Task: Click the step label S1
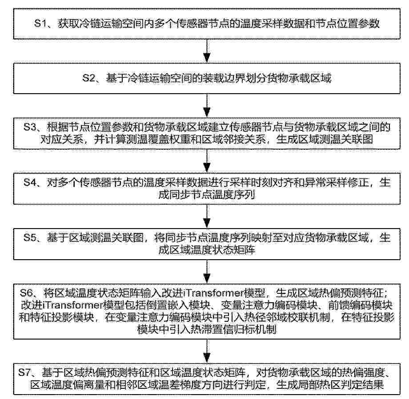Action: click(x=40, y=24)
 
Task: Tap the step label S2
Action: click(x=88, y=78)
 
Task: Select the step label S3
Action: click(x=30, y=127)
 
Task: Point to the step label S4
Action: click(x=30, y=182)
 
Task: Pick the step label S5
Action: click(x=30, y=237)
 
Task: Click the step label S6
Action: click(x=26, y=293)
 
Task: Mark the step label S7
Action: click(x=25, y=373)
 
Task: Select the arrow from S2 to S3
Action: click(x=207, y=106)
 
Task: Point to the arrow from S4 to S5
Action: click(x=207, y=216)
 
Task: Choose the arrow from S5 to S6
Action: click(x=207, y=272)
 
